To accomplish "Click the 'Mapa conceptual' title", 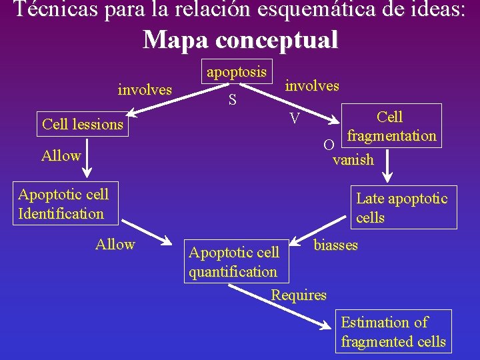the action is pyautogui.click(x=240, y=40).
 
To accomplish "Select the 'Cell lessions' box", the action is pyautogui.click(x=83, y=124).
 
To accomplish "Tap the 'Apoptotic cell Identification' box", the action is pyautogui.click(x=64, y=204).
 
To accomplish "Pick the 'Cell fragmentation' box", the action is pyautogui.click(x=391, y=126).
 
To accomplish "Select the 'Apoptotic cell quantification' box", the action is pyautogui.click(x=234, y=262).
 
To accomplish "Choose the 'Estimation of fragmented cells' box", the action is pyautogui.click(x=393, y=331).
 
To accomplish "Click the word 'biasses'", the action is pyautogui.click(x=335, y=245).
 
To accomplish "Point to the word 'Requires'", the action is pyautogui.click(x=299, y=295).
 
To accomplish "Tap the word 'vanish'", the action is pyautogui.click(x=353, y=160).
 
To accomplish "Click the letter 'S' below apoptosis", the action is pyautogui.click(x=233, y=101).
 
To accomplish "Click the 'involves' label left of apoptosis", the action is pyautogui.click(x=145, y=89).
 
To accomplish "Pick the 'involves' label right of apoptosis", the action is pyautogui.click(x=312, y=85).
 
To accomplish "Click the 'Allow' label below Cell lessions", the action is pyautogui.click(x=61, y=156).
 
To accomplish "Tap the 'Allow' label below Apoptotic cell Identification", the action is pyautogui.click(x=115, y=245).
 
